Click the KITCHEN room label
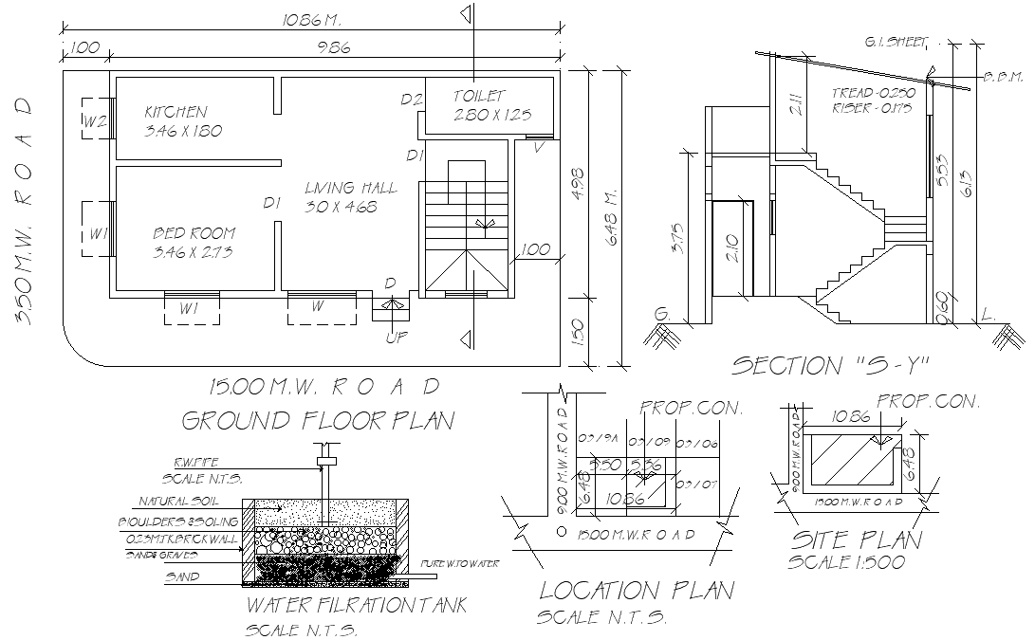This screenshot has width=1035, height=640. coord(176,112)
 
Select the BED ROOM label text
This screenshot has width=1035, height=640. coord(194,233)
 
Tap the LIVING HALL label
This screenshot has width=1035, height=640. coord(351,188)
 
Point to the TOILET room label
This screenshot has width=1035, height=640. coord(479,96)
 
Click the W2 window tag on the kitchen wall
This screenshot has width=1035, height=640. coord(94,120)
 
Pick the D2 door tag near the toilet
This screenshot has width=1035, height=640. coord(411,100)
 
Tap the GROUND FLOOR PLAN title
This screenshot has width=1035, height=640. coord(317,420)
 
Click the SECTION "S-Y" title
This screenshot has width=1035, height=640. coord(829,365)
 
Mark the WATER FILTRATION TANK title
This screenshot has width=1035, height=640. coord(357,605)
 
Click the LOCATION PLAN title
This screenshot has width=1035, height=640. coord(636,590)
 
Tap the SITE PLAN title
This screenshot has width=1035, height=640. coord(856,539)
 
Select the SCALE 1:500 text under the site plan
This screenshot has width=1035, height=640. coord(846,561)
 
